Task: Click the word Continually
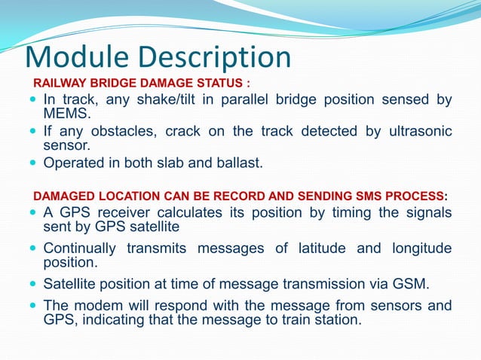80,248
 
